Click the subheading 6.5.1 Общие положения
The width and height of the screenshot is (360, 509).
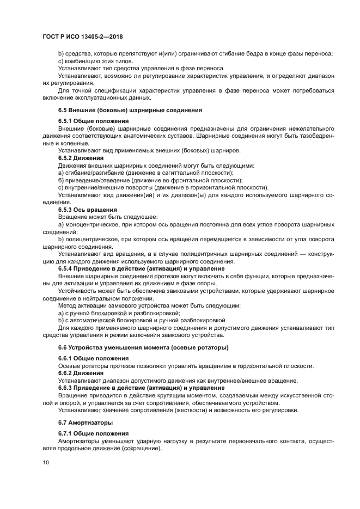click(93, 120)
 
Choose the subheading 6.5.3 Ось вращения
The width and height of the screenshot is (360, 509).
click(88, 209)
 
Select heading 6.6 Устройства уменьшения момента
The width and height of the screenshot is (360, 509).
click(143, 347)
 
